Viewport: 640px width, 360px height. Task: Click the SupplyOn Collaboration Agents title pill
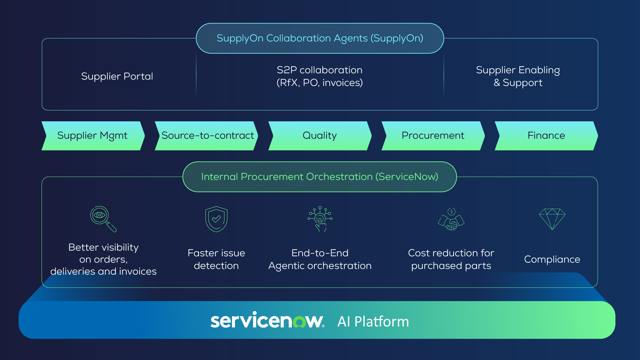[320, 38]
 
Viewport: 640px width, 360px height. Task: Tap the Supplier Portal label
[117, 76]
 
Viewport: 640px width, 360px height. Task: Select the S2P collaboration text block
[320, 76]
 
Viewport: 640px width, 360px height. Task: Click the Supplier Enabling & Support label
[518, 76]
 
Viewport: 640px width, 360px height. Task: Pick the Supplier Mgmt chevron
[93, 136]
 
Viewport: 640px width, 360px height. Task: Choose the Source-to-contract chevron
[207, 136]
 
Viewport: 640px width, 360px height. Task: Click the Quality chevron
[320, 136]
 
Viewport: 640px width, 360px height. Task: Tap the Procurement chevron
[433, 136]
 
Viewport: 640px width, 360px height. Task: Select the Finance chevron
[546, 136]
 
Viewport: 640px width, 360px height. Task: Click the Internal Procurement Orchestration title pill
[320, 177]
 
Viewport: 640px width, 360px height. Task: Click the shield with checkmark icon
[216, 219]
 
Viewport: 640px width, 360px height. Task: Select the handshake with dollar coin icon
[451, 219]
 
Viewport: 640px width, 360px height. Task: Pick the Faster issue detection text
[216, 259]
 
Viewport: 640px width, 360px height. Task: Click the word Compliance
[552, 259]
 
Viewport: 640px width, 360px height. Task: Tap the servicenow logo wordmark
[267, 321]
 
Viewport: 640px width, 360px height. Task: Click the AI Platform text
[373, 322]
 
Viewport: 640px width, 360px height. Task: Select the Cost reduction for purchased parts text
[451, 259]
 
